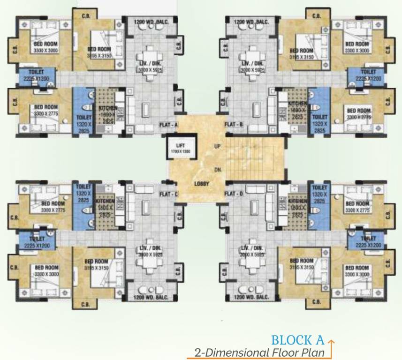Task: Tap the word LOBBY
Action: [202, 184]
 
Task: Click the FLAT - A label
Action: [168, 125]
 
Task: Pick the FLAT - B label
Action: [233, 125]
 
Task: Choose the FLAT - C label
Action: [168, 194]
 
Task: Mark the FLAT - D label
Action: [233, 194]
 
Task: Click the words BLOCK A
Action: [298, 340]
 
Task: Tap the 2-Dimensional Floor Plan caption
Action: [260, 352]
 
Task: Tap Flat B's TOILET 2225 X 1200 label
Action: [368, 75]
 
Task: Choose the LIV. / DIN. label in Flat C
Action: [150, 251]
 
